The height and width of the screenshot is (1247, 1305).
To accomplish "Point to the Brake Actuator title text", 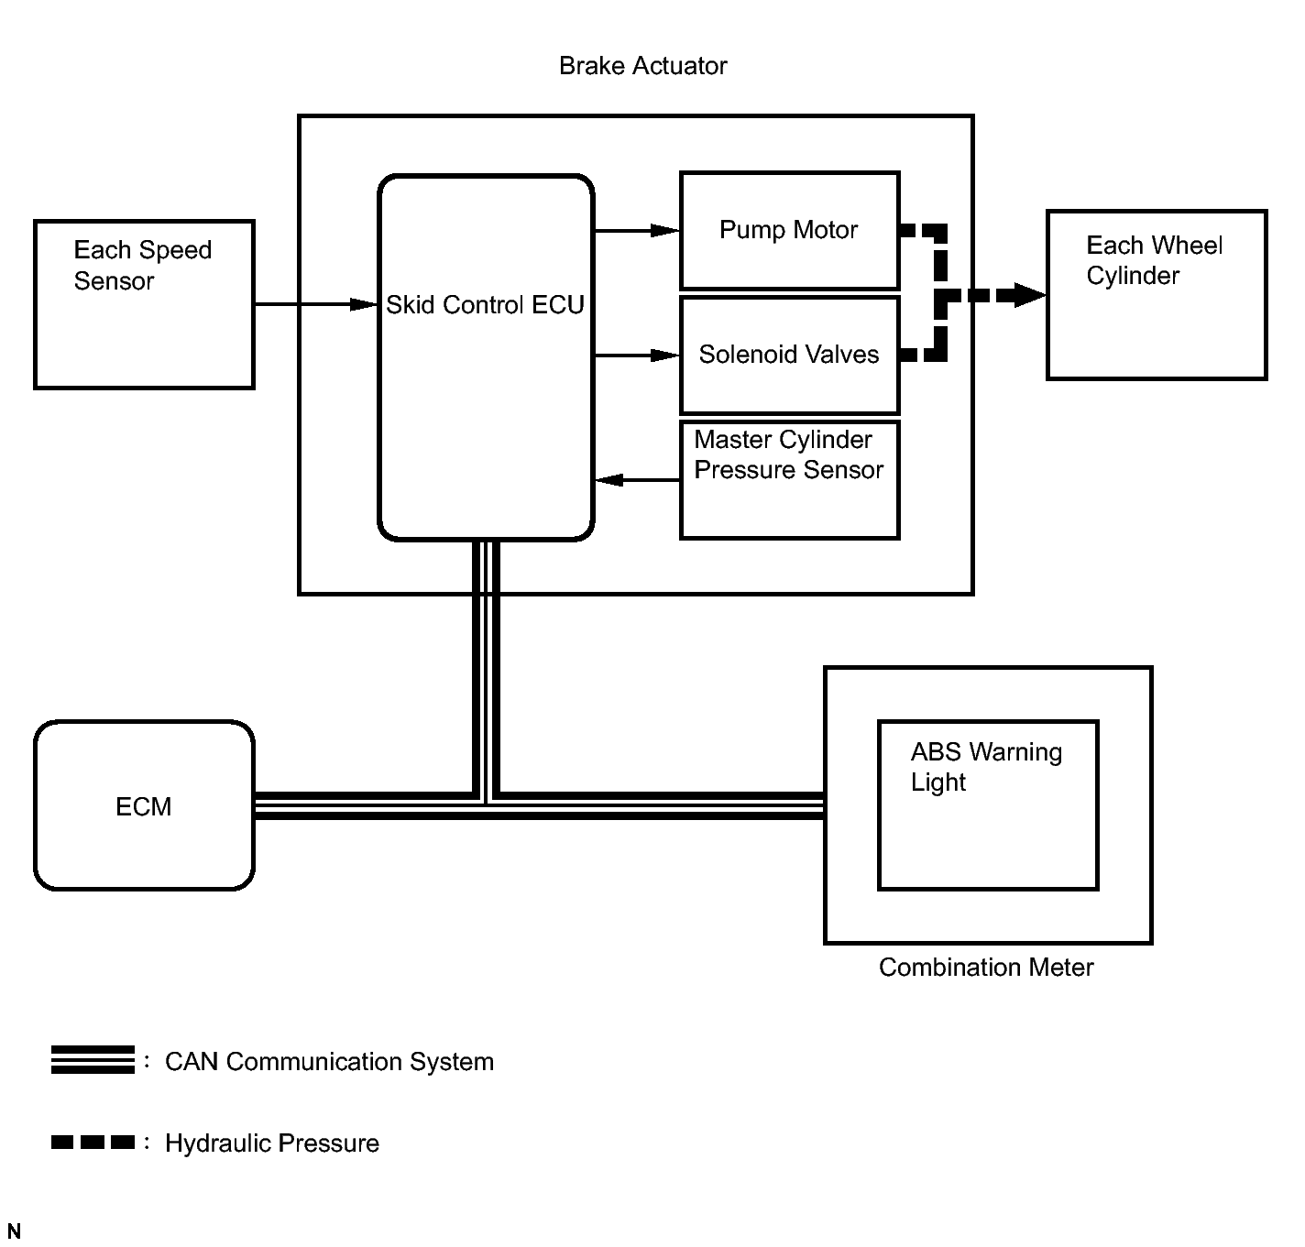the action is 642,66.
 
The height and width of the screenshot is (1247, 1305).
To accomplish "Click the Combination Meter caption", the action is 986,968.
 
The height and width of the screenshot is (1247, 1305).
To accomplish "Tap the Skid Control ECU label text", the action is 485,305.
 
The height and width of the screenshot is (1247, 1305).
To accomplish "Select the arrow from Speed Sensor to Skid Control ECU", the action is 316,304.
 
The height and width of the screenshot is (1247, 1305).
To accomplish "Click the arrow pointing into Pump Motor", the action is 637,231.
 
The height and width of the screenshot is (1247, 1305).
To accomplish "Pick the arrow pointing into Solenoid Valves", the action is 637,356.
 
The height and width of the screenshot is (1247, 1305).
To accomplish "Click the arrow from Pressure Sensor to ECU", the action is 637,480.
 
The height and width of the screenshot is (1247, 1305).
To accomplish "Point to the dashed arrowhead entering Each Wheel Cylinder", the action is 1029,295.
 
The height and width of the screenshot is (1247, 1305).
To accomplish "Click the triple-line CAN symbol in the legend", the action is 93,1060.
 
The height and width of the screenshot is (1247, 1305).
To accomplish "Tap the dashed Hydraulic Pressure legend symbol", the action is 93,1142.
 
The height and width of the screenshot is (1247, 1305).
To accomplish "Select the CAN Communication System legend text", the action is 329,1062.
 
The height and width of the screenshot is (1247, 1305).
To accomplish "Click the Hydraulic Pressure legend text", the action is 272,1143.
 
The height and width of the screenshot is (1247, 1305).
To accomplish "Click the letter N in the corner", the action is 14,1231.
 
